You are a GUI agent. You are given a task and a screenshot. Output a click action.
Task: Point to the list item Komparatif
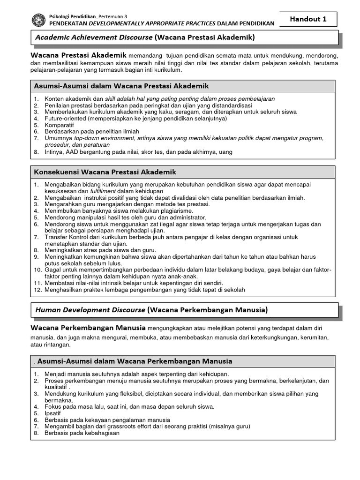(x=60, y=125)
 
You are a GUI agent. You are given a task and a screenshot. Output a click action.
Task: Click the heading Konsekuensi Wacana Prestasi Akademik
(x=105, y=172)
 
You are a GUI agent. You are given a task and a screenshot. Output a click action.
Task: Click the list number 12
(x=37, y=290)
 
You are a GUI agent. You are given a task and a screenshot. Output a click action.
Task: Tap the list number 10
(x=37, y=270)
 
